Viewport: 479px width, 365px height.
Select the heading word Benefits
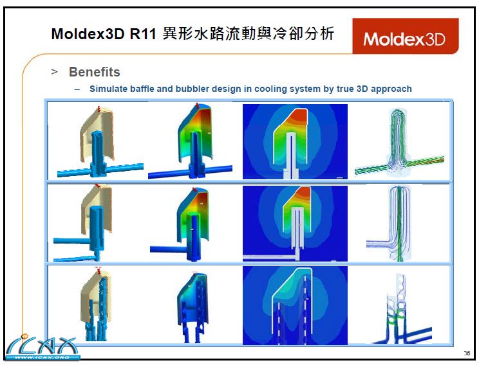pyautogui.click(x=94, y=72)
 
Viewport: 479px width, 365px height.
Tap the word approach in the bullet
pyautogui.click(x=389, y=89)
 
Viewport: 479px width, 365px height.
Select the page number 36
pyautogui.click(x=466, y=353)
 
